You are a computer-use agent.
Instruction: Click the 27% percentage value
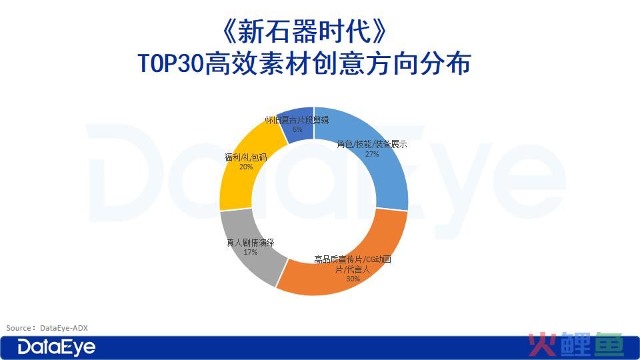coord(372,154)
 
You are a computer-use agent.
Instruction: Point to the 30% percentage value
coord(353,279)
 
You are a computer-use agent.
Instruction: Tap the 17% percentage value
coord(250,252)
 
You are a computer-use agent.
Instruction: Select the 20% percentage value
coord(246,167)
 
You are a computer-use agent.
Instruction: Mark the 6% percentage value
coord(297,129)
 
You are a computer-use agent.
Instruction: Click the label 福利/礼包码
coord(246,157)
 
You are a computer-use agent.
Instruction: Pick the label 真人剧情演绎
coord(250,243)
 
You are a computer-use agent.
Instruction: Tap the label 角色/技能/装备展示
coord(372,144)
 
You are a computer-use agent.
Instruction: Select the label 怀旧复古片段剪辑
coord(297,120)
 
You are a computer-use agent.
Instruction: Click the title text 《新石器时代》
coord(304,31)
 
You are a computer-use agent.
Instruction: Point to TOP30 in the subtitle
coord(171,63)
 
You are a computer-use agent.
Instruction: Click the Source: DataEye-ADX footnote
coord(47,328)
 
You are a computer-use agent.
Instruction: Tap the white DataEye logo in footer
coord(56,347)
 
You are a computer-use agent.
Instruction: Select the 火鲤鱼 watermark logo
coord(576,345)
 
